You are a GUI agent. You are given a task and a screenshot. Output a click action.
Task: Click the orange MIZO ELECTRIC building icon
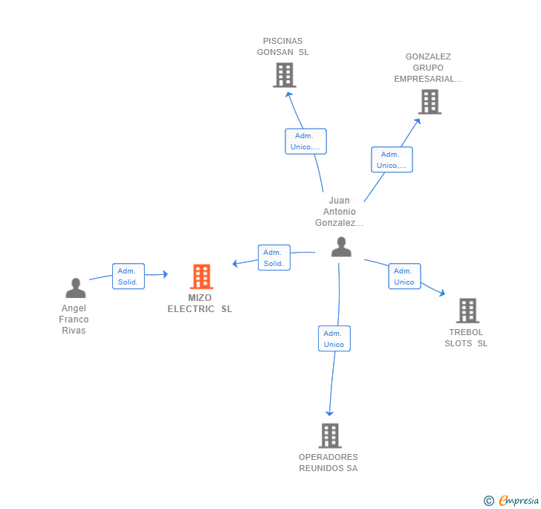(x=201, y=276)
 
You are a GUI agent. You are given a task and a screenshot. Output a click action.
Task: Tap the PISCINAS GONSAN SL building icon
(x=284, y=75)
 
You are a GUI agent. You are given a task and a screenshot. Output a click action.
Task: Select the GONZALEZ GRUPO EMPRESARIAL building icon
(x=430, y=102)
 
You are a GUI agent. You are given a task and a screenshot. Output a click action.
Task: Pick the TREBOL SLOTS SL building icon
(x=467, y=311)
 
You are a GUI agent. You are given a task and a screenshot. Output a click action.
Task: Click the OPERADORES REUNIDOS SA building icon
(x=329, y=435)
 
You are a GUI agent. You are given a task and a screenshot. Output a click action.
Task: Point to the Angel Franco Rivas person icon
(x=75, y=288)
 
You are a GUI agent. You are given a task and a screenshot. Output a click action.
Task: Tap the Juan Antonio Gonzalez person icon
(x=341, y=247)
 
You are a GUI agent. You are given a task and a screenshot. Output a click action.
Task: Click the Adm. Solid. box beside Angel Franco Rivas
(x=129, y=276)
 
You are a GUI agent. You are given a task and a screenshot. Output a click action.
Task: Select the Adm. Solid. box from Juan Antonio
(x=273, y=258)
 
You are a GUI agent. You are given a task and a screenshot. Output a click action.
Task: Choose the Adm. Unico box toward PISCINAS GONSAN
(x=305, y=141)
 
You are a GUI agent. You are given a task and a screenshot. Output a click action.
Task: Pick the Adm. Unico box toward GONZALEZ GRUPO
(x=392, y=160)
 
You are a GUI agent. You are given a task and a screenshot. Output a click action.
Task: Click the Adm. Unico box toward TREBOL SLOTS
(x=404, y=276)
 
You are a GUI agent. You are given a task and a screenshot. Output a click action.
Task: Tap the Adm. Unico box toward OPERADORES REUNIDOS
(x=334, y=339)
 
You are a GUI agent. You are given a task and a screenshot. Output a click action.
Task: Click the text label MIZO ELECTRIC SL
(x=200, y=303)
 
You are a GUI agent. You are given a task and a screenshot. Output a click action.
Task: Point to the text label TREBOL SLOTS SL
(x=467, y=337)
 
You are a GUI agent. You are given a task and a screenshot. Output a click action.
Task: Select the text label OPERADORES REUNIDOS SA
(x=328, y=462)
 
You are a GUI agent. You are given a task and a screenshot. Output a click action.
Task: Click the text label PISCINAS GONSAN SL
(x=283, y=46)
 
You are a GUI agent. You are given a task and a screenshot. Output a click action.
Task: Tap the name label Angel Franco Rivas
(x=74, y=320)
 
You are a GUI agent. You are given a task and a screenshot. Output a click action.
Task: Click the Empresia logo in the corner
(x=511, y=500)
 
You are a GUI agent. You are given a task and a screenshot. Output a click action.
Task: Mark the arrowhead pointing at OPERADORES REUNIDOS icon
(x=330, y=413)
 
